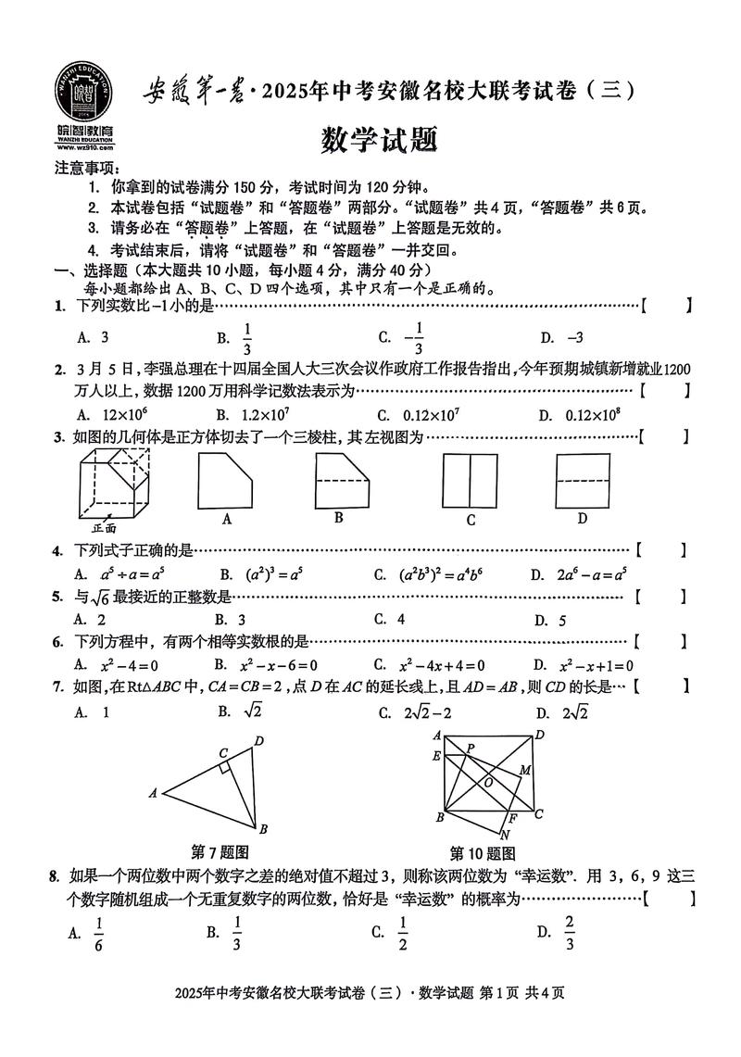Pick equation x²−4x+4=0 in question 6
coord(442,664)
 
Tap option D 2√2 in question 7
coord(575,711)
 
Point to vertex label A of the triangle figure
coord(152,792)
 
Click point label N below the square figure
coord(504,834)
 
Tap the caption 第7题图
coord(220,851)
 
